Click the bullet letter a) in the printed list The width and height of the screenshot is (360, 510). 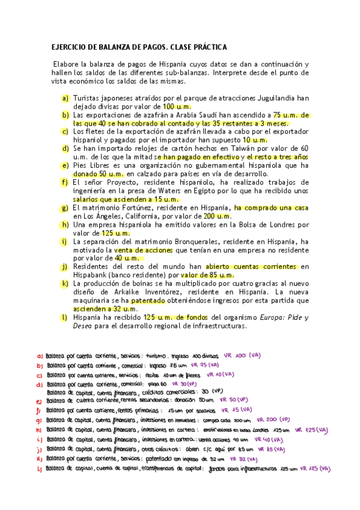click(65, 97)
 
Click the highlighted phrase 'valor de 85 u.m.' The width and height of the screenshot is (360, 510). click(210, 275)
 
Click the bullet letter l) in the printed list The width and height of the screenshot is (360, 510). click(65, 317)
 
